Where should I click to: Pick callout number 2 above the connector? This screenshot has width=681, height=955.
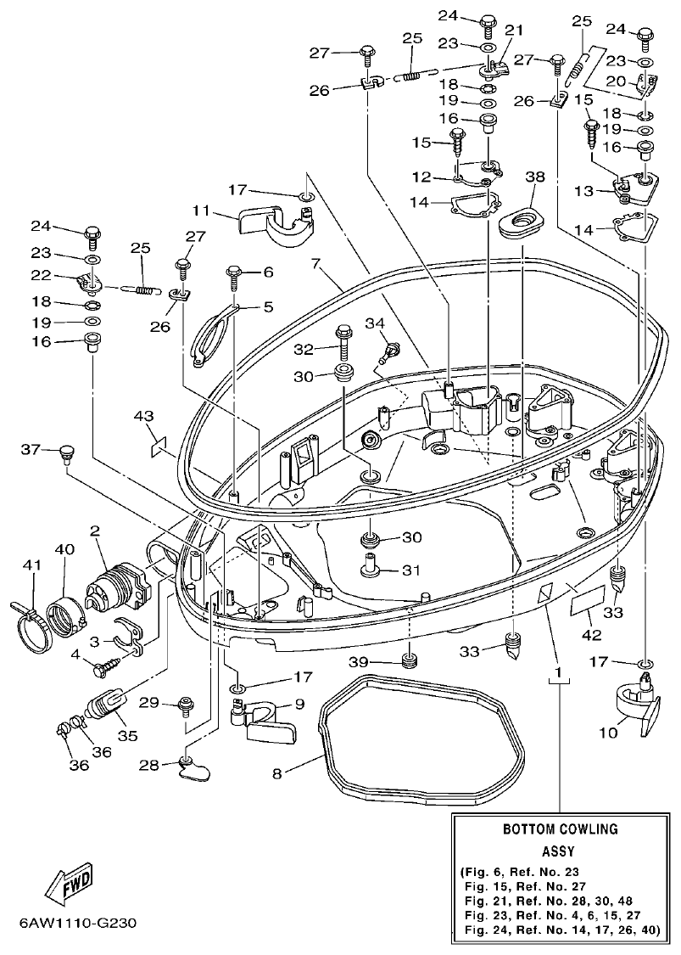click(x=95, y=531)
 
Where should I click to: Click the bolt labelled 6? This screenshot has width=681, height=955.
click(x=236, y=272)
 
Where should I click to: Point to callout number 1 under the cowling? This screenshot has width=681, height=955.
click(x=558, y=673)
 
